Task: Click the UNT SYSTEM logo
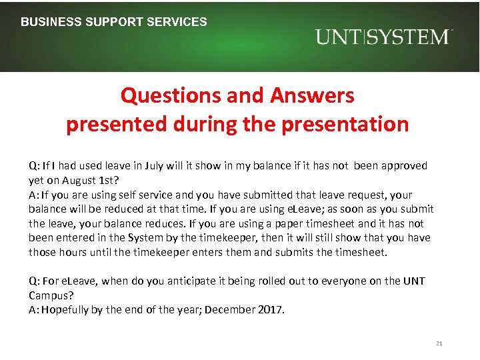click(384, 37)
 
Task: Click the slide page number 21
click(439, 343)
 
